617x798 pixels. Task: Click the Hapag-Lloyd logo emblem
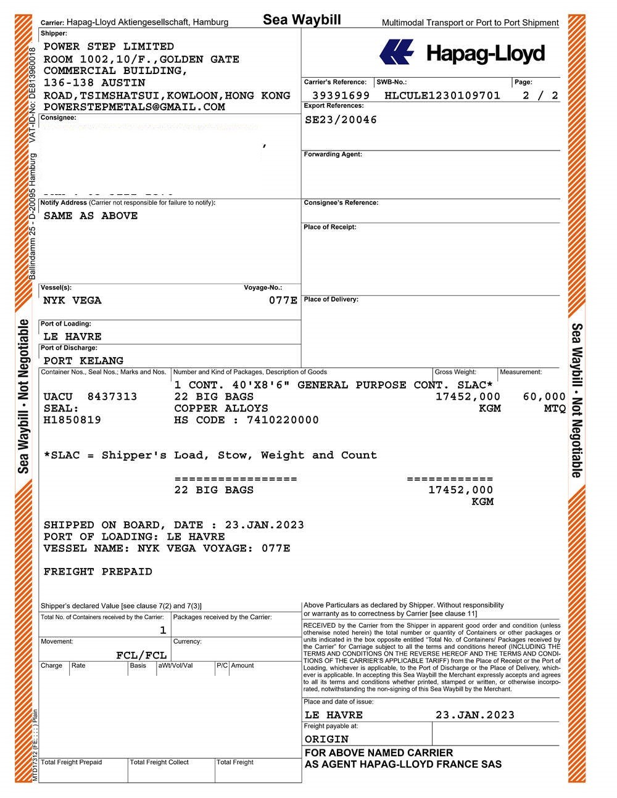tap(396, 52)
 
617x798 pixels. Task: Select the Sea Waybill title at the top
tap(302, 20)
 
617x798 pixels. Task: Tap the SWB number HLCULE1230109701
tap(442, 96)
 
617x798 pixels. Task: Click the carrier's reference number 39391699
tap(341, 96)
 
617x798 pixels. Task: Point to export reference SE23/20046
tap(341, 120)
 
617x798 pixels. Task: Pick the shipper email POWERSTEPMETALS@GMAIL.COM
tap(134, 107)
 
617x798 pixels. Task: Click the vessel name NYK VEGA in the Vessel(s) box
tap(72, 300)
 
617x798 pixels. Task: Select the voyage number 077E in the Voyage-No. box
tap(283, 300)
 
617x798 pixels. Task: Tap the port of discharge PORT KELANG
tap(83, 360)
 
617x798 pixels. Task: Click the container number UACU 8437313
tap(90, 397)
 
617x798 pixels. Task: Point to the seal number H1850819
tap(72, 420)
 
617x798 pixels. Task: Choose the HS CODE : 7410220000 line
tap(246, 420)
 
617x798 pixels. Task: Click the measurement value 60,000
tap(544, 397)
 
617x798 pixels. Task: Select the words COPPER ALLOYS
tap(221, 408)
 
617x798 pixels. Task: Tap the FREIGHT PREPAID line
tap(97, 572)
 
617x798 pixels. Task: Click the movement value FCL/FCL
tap(141, 655)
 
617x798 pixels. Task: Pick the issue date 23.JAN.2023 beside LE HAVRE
tap(474, 715)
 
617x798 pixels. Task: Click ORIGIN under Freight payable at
tap(326, 739)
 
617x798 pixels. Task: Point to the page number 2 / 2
tap(540, 96)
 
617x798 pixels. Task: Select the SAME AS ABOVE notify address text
tap(91, 216)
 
